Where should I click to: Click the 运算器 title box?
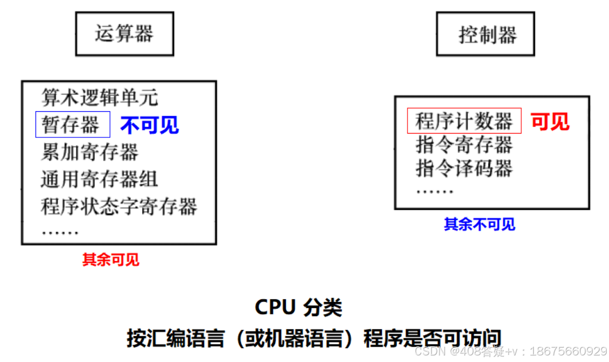124,35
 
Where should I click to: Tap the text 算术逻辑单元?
100,98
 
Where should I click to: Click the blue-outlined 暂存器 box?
73,125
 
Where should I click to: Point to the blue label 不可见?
150,125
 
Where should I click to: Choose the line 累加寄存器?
90,152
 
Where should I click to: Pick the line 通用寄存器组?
100,179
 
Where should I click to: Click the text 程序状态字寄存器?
119,206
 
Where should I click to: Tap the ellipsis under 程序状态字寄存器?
60,231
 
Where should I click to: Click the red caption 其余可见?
111,260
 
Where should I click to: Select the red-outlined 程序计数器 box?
464,121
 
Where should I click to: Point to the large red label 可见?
550,121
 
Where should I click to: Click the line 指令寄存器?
464,144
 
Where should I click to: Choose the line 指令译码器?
464,168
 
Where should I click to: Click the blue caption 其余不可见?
479,224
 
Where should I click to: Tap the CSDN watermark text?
510,351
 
